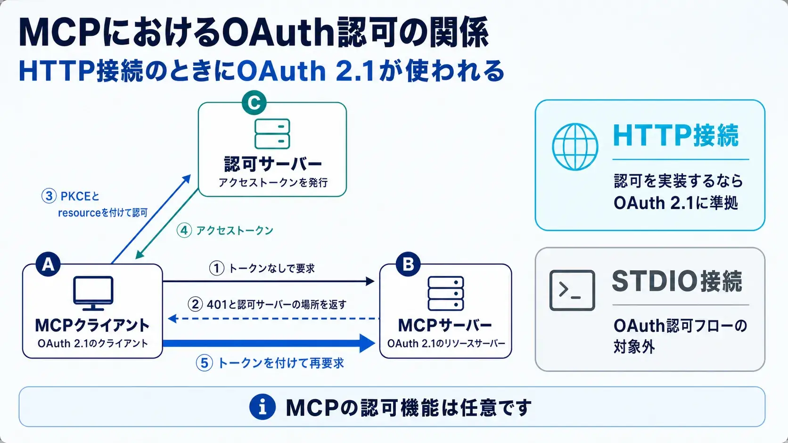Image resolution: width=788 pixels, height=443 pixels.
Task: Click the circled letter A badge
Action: point(48,264)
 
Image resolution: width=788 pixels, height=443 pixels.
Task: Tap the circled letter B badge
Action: point(408,264)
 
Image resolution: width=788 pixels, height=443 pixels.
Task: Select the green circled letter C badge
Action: point(254,103)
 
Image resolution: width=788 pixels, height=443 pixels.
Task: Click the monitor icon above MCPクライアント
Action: point(93,293)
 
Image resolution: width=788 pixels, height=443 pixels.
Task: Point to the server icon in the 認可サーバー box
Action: point(272,134)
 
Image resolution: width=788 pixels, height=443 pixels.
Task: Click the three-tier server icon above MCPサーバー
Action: point(446,293)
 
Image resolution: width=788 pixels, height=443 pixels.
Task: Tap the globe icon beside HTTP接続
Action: point(575,147)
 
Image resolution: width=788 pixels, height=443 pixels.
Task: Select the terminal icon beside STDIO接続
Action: point(572,290)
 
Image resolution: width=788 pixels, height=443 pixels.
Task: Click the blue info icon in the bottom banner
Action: point(263,407)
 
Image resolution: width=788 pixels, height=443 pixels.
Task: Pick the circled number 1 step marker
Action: point(217,268)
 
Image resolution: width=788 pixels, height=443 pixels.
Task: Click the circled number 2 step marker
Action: point(195,304)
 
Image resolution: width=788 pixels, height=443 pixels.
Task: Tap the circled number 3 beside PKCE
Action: point(49,196)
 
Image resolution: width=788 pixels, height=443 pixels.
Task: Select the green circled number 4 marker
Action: point(184,231)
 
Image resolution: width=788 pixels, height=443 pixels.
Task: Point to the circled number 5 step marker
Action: point(205,363)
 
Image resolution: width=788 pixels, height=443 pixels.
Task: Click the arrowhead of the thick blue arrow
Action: point(367,343)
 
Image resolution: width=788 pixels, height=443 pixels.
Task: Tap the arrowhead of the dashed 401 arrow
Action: point(172,319)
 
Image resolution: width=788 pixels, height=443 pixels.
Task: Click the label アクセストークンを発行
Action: point(273,183)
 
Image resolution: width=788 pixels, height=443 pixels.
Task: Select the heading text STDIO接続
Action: point(677,282)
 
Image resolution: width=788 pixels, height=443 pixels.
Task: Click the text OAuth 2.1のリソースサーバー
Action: point(446,343)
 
